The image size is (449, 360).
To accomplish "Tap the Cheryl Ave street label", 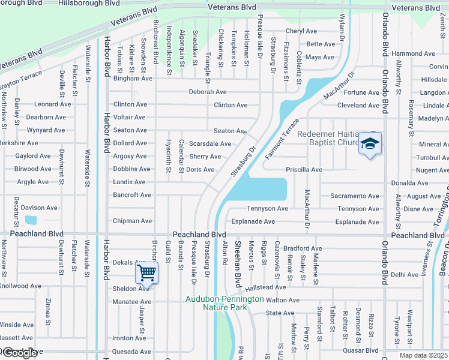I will click(301, 31).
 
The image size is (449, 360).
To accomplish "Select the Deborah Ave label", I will click(208, 92).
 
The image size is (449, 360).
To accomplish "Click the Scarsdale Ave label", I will click(210, 144).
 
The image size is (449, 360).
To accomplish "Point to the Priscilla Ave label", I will click(304, 170).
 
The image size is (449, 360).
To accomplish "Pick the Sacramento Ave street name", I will click(355, 196).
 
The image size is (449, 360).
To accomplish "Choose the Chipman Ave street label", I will click(133, 221).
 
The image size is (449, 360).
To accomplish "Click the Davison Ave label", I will click(39, 208).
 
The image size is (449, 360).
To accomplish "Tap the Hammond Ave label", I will click(413, 53).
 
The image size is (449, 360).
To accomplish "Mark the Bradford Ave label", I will click(303, 248).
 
